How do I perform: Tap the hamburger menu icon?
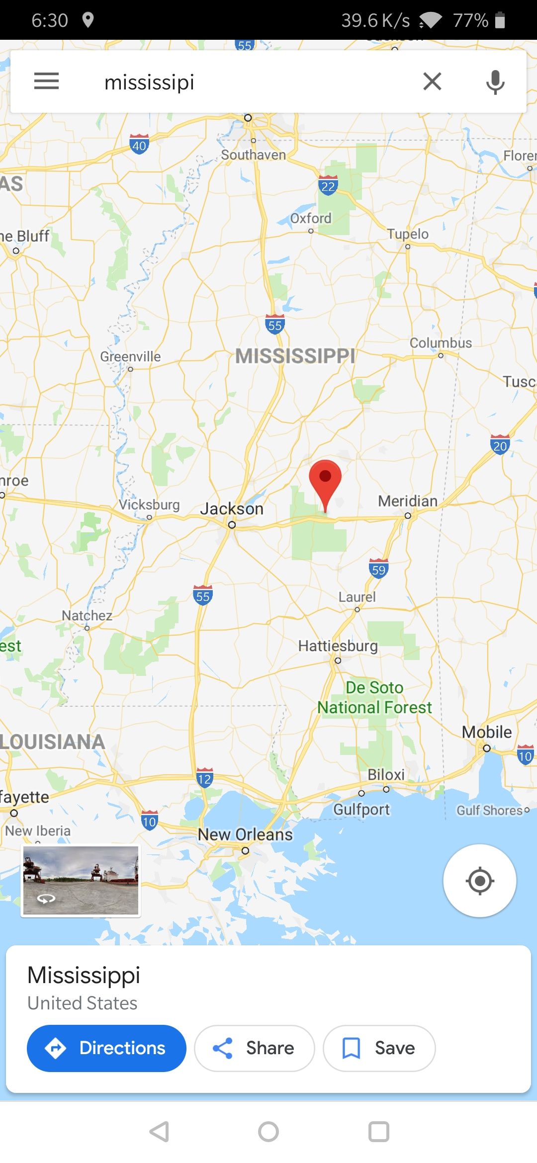[x=46, y=81]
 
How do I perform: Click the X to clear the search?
[x=432, y=81]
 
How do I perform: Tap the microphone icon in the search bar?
[x=495, y=82]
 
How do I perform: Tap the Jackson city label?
[x=232, y=509]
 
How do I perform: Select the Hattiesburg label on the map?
[x=338, y=646]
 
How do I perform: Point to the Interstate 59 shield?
[x=378, y=569]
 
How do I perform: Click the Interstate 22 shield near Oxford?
[x=328, y=185]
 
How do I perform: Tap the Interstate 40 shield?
[x=139, y=145]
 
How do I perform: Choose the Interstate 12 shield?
[x=204, y=778]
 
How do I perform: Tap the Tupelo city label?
[x=408, y=234]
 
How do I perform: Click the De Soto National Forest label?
[x=375, y=697]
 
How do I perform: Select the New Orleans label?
[x=245, y=834]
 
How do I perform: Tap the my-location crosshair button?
[x=479, y=881]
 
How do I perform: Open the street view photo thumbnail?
[x=81, y=880]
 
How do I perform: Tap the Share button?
[x=255, y=1048]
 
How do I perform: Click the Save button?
[x=379, y=1048]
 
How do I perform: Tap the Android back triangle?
[x=160, y=1132]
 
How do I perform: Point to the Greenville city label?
[x=131, y=356]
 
